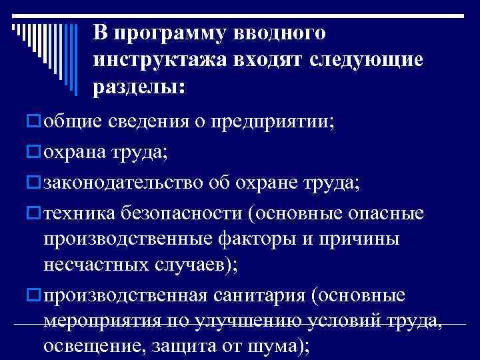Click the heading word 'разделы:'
(140, 87)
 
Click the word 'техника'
(80, 214)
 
